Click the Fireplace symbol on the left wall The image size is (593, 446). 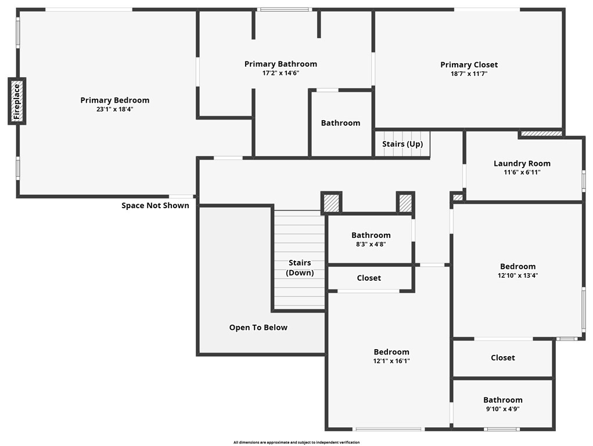(x=17, y=101)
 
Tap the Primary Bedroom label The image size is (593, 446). (x=114, y=100)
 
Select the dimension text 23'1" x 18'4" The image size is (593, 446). (x=114, y=109)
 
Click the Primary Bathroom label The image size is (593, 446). (x=281, y=64)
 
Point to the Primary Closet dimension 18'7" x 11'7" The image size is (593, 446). (x=469, y=74)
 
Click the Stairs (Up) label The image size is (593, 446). (x=402, y=144)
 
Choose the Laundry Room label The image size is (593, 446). (x=522, y=164)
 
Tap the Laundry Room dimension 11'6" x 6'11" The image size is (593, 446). (x=522, y=172)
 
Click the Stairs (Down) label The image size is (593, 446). (x=300, y=267)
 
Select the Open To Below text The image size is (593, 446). (x=258, y=328)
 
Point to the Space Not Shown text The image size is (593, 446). (x=155, y=205)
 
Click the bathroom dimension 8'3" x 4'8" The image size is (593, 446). (x=371, y=244)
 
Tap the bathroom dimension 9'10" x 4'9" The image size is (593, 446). (x=502, y=409)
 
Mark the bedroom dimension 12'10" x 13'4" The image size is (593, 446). (x=517, y=275)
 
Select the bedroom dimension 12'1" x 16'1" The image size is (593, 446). (x=391, y=361)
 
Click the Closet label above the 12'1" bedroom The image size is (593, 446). (x=369, y=278)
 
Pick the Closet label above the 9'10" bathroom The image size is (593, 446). (x=502, y=358)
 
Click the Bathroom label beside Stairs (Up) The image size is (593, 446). (x=340, y=123)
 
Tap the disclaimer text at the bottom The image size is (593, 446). (x=296, y=443)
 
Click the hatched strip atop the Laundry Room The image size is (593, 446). (x=541, y=133)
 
